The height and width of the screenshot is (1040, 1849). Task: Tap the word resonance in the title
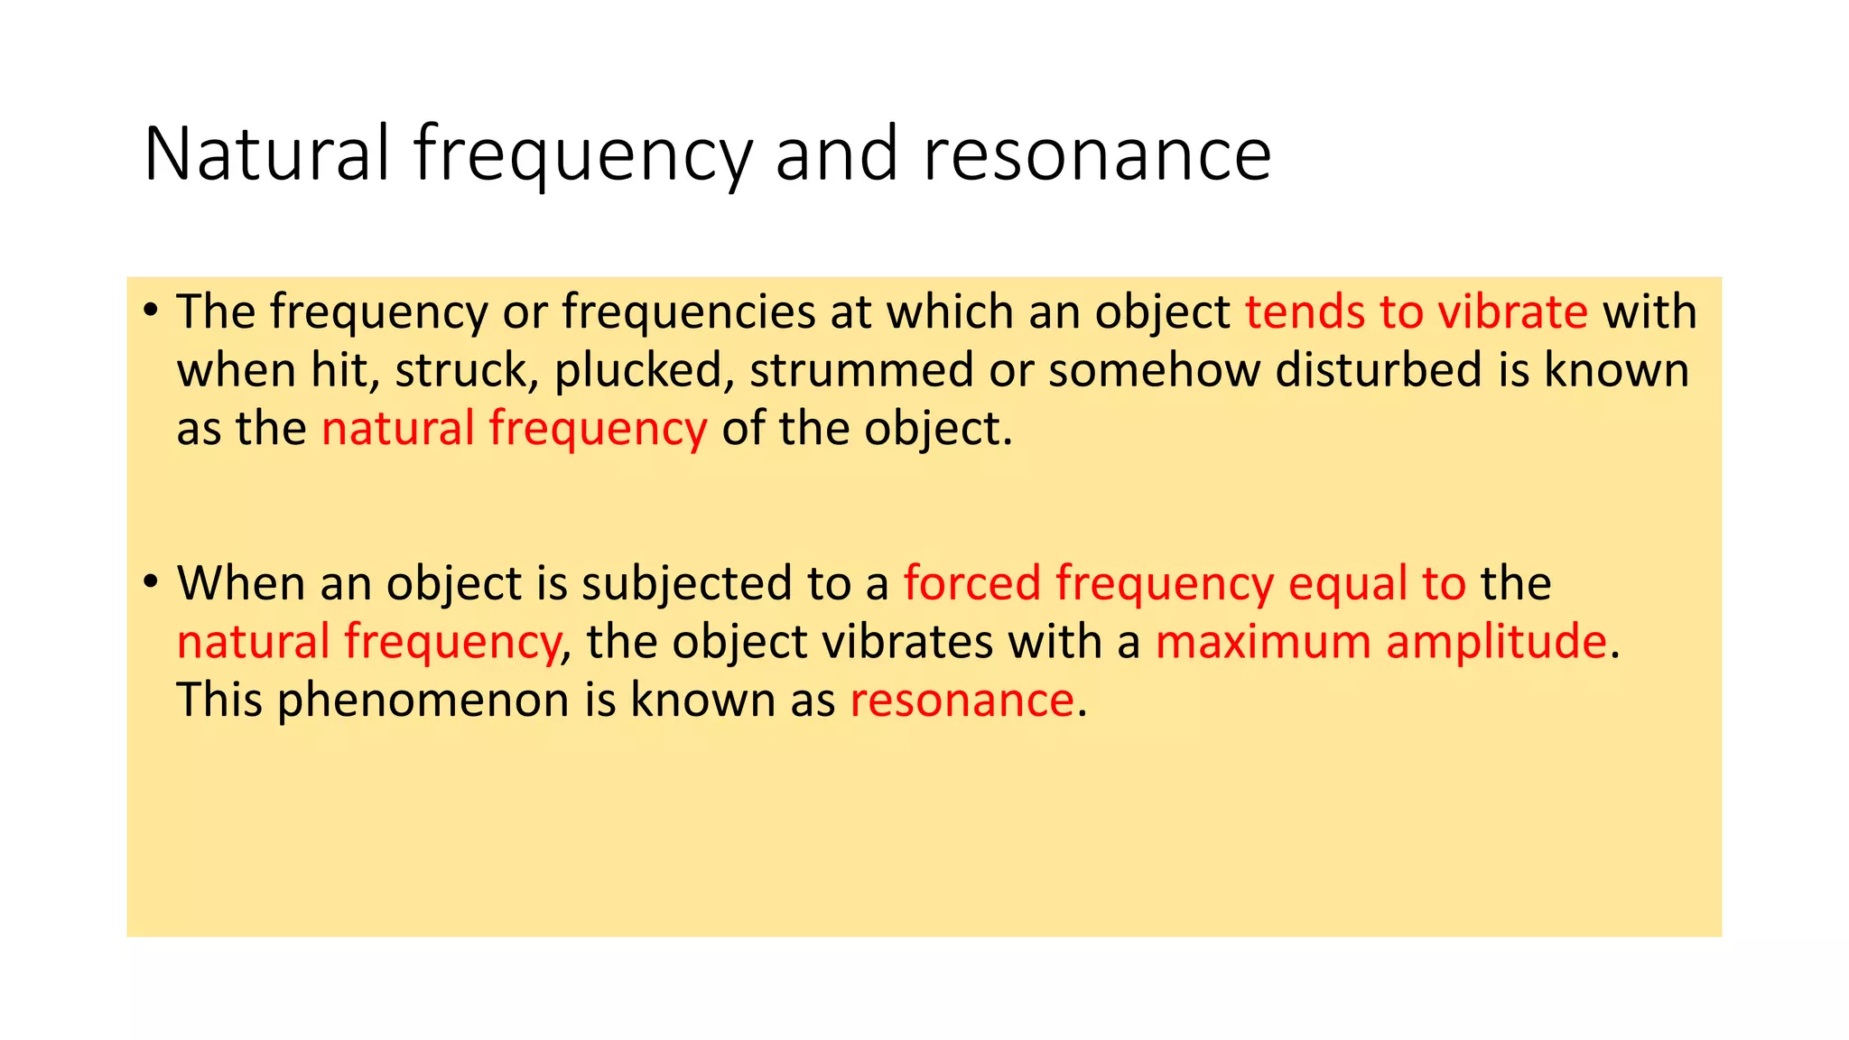click(1097, 155)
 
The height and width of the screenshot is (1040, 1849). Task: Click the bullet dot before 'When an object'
click(151, 582)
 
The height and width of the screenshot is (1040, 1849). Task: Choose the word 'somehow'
click(1155, 370)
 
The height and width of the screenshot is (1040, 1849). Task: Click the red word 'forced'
click(972, 582)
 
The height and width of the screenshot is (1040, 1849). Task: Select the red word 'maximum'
click(1263, 642)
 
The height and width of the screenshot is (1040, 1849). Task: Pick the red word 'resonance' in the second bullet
click(962, 701)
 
